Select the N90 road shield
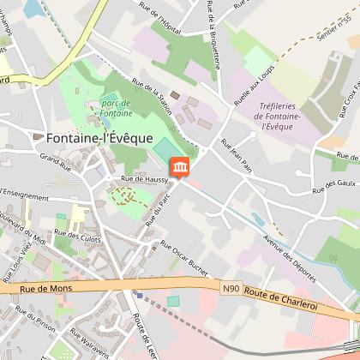click(x=231, y=289)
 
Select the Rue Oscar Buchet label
click(x=183, y=256)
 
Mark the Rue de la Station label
click(x=156, y=99)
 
